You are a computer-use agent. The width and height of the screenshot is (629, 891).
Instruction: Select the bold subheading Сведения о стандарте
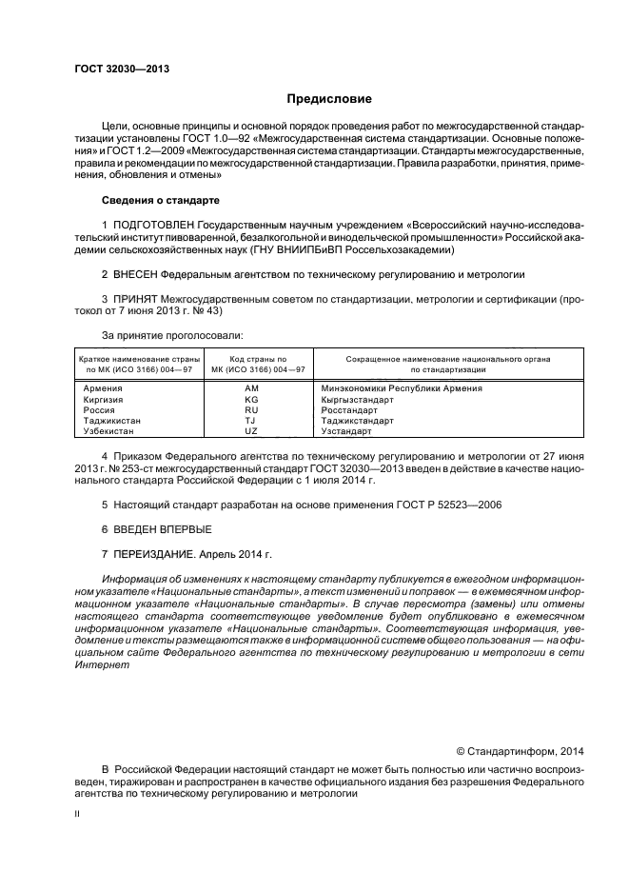coord(160,201)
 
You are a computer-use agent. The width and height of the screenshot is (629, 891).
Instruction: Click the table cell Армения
coord(101,388)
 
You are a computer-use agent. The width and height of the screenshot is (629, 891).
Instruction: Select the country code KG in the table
coord(251,399)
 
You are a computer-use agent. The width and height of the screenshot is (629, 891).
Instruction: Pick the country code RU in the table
coord(251,409)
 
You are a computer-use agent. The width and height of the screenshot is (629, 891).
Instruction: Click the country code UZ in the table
coord(251,430)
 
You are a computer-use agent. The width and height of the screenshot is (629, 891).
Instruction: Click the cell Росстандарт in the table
coord(350,409)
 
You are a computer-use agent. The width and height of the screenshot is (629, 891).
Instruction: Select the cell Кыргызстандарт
coord(358,399)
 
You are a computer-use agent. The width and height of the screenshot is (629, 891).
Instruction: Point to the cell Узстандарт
coord(348,430)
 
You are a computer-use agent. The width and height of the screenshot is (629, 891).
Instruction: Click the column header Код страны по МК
coord(251,363)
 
